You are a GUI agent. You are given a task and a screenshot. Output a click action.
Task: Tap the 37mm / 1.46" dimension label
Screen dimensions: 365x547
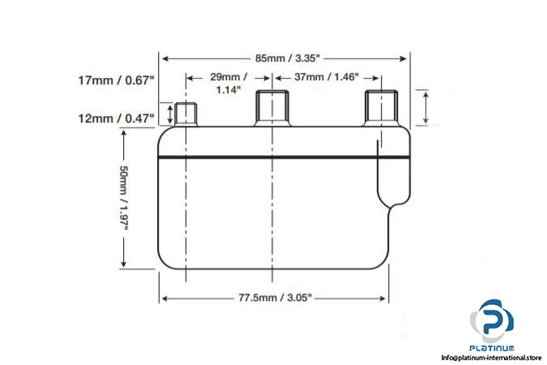coord(327,77)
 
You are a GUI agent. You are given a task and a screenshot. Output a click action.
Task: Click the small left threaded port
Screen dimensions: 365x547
coord(186,114)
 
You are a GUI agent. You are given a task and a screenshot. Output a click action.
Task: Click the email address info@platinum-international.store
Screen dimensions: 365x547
coord(492,357)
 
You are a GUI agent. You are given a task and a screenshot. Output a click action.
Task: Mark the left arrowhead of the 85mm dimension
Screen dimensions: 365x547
coord(165,58)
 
